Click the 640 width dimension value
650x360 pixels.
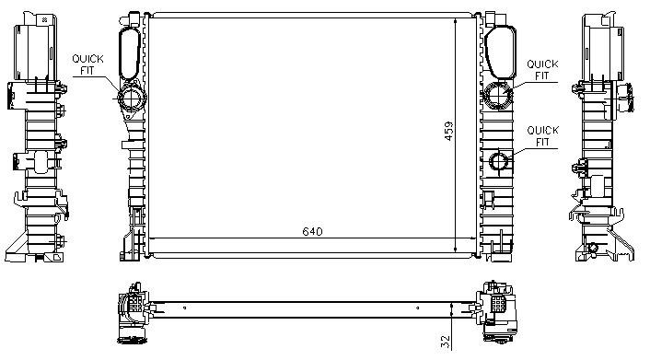point(312,231)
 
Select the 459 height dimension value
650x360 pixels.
point(449,131)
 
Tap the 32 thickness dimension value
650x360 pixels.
point(445,342)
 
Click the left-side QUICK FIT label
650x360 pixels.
point(87,64)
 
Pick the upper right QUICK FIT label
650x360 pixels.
point(542,70)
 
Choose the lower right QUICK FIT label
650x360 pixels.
point(542,136)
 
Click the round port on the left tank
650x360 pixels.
point(132,99)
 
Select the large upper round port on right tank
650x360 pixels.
point(498,95)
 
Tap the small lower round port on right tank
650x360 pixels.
point(499,161)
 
